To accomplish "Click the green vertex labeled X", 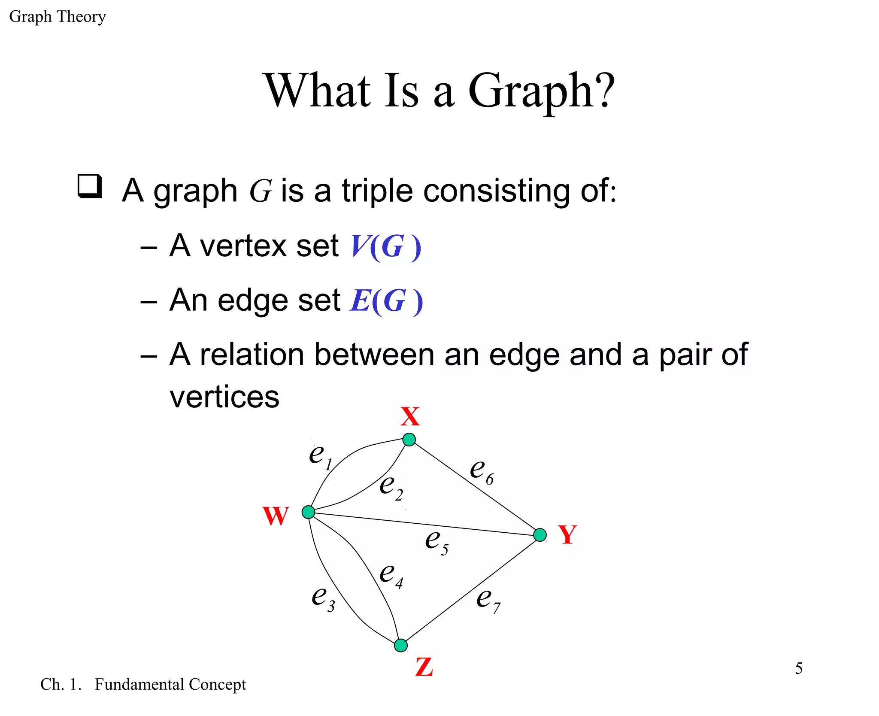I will [x=409, y=440].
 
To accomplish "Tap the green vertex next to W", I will [x=308, y=512].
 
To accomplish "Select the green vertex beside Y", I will [x=540, y=535].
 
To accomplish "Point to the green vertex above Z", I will [x=401, y=645].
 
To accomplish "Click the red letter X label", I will [x=410, y=416].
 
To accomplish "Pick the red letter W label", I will [x=276, y=516].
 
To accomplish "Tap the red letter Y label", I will [x=567, y=535].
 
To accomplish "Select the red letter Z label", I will [x=424, y=667].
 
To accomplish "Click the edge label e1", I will [x=321, y=456].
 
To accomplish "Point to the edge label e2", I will [x=391, y=487].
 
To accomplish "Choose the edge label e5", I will [x=436, y=542].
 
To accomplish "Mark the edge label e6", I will [x=482, y=471].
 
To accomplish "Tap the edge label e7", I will [x=488, y=600].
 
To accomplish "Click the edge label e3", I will [x=323, y=598].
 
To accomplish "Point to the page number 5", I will [x=798, y=668].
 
